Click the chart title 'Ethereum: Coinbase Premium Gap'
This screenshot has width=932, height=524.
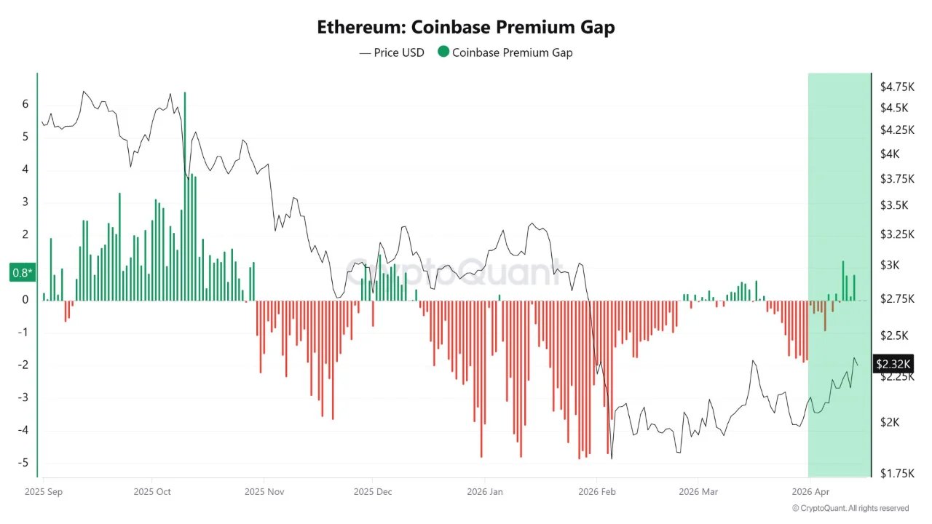pyautogui.click(x=466, y=28)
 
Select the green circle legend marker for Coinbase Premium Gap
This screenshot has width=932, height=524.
pyautogui.click(x=443, y=52)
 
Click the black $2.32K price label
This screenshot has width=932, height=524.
pyautogui.click(x=893, y=363)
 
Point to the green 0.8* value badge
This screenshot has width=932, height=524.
pyautogui.click(x=22, y=273)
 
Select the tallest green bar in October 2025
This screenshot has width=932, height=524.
pyautogui.click(x=185, y=196)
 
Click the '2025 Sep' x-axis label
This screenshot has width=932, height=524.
pyautogui.click(x=44, y=491)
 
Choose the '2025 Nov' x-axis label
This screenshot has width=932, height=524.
pyautogui.click(x=264, y=491)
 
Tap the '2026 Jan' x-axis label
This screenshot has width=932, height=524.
pyautogui.click(x=484, y=491)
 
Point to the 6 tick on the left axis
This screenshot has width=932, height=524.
pyautogui.click(x=25, y=104)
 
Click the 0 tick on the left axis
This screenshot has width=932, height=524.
pyautogui.click(x=25, y=300)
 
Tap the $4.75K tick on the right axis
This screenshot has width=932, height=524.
pyautogui.click(x=897, y=87)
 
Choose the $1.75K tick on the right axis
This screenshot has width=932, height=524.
pyautogui.click(x=897, y=473)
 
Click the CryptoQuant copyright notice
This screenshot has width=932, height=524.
pyautogui.click(x=850, y=508)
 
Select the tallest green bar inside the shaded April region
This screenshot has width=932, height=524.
pyautogui.click(x=843, y=281)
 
